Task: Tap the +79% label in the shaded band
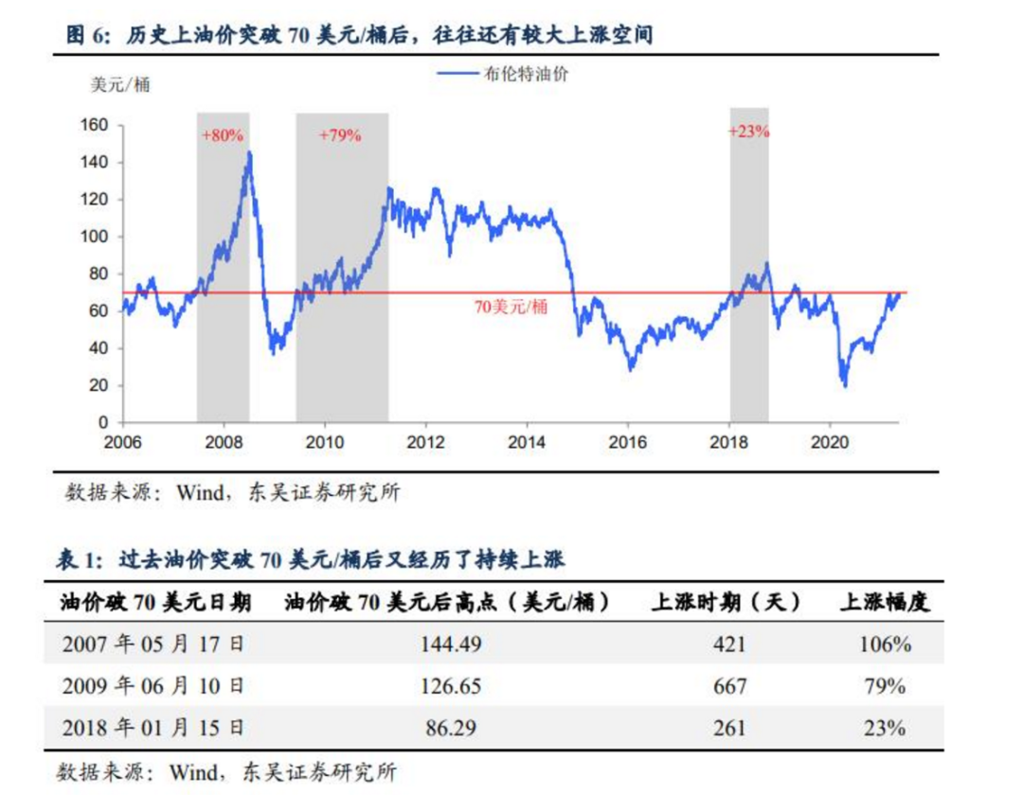tap(340, 135)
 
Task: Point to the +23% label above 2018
tap(748, 132)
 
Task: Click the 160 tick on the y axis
tap(98, 126)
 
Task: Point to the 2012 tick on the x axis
tap(425, 441)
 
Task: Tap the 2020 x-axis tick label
tap(829, 441)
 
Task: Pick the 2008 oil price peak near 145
tap(249, 151)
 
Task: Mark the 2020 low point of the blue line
tap(844, 385)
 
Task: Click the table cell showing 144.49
tap(451, 645)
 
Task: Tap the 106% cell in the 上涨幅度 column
tap(887, 645)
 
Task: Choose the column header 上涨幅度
tap(885, 603)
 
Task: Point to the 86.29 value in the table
tap(451, 728)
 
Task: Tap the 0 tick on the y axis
tap(104, 422)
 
